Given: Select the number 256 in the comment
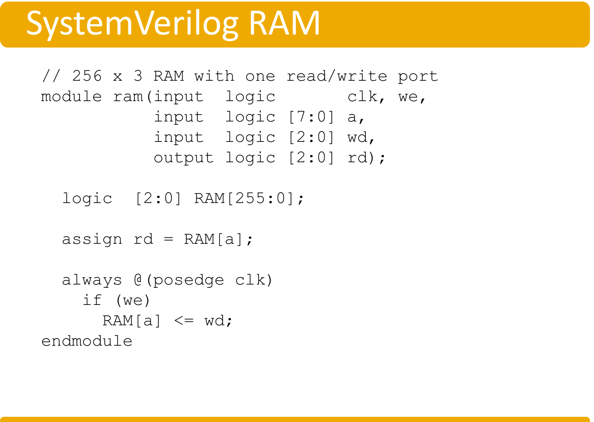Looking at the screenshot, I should point(87,76).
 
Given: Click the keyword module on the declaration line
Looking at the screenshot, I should point(71,97).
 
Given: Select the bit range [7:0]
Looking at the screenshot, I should point(311,117).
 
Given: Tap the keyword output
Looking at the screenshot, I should point(183,158).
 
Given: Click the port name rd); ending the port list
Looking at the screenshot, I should point(366,158).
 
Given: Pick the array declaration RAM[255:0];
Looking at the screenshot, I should point(249,199).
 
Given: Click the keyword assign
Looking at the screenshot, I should point(92,239).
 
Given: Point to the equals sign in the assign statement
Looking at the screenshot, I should point(169,239).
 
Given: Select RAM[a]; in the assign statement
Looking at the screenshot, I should point(218,239).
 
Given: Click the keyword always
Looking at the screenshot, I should point(92,280).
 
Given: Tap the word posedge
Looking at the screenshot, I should point(188,280).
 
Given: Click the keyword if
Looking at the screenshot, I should point(92,301).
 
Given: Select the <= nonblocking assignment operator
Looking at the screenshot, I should point(183,321).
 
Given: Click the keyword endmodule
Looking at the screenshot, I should point(87,341).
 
